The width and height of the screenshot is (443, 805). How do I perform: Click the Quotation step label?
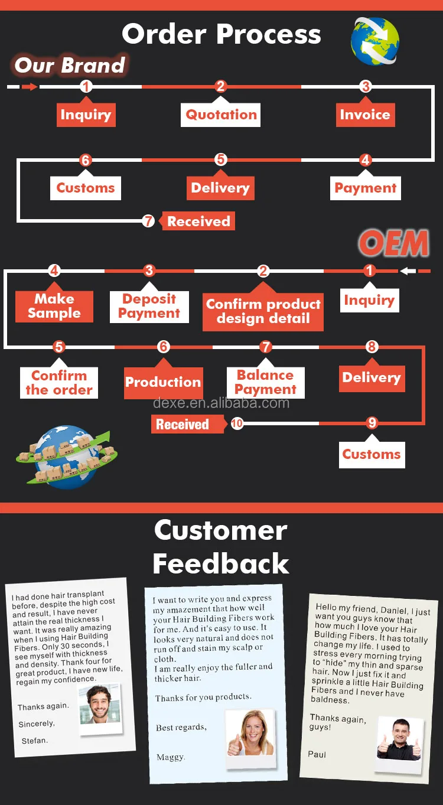pos(221,115)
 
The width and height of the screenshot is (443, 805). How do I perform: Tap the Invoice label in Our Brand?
pos(365,115)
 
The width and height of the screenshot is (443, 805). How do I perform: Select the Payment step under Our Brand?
pos(365,188)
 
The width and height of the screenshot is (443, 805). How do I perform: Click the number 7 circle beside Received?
pos(148,221)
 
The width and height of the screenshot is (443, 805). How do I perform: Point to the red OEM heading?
pos(393,243)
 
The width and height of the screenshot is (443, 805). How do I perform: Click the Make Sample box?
pos(54,306)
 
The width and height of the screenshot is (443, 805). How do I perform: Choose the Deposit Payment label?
pos(149,306)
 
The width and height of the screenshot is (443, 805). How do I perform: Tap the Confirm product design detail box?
pos(263,311)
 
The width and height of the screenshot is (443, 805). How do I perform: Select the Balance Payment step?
pos(266,382)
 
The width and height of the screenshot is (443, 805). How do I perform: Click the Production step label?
pos(163,382)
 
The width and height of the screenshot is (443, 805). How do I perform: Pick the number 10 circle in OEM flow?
pos(237,423)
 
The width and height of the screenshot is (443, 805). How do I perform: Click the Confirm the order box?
pos(59,383)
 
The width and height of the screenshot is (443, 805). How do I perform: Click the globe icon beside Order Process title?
pos(375,41)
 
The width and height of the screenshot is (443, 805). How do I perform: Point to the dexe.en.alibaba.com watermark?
pos(221,403)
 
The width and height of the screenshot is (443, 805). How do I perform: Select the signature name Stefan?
pos(34,741)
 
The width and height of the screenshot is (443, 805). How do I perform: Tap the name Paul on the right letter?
pos(317,754)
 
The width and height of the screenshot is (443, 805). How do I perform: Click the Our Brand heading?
pos(70,65)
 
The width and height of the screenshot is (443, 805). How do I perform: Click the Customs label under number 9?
pos(372,454)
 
